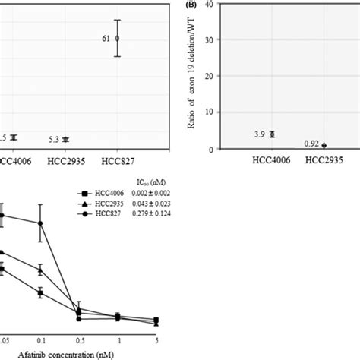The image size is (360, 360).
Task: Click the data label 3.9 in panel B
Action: point(257,134)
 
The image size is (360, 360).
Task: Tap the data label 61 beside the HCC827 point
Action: point(106,37)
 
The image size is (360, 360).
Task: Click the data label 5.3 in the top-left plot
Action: point(51,139)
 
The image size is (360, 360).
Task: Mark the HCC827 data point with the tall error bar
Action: point(117,37)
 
